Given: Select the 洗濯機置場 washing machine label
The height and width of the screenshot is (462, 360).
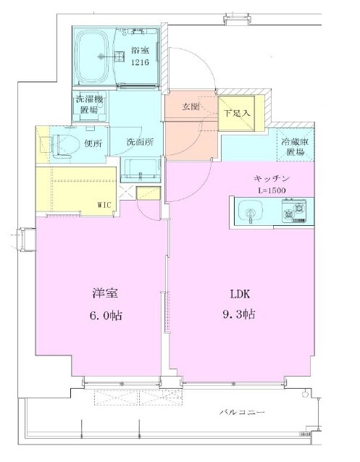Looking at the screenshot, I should pyautogui.click(x=86, y=104).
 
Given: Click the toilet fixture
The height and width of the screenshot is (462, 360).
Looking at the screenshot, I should pyautogui.click(x=61, y=144).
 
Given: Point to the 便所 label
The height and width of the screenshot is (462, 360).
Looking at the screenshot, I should pyautogui.click(x=93, y=142).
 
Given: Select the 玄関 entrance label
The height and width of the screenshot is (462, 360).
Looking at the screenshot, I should pyautogui.click(x=191, y=106).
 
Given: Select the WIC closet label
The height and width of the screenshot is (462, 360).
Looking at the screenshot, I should pyautogui.click(x=105, y=205).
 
